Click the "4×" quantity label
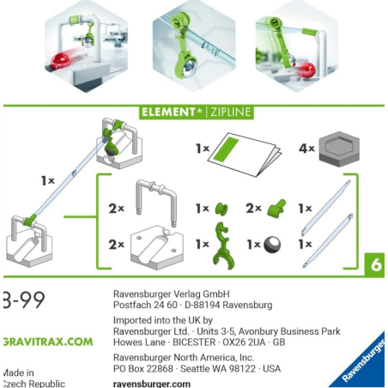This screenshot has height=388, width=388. click(305, 149)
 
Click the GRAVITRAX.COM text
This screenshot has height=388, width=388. click(46, 341)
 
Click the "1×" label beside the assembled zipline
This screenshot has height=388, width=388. click(47, 181)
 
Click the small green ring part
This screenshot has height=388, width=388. click(221, 208)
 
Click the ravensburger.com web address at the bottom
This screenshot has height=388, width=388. click(152, 383)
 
